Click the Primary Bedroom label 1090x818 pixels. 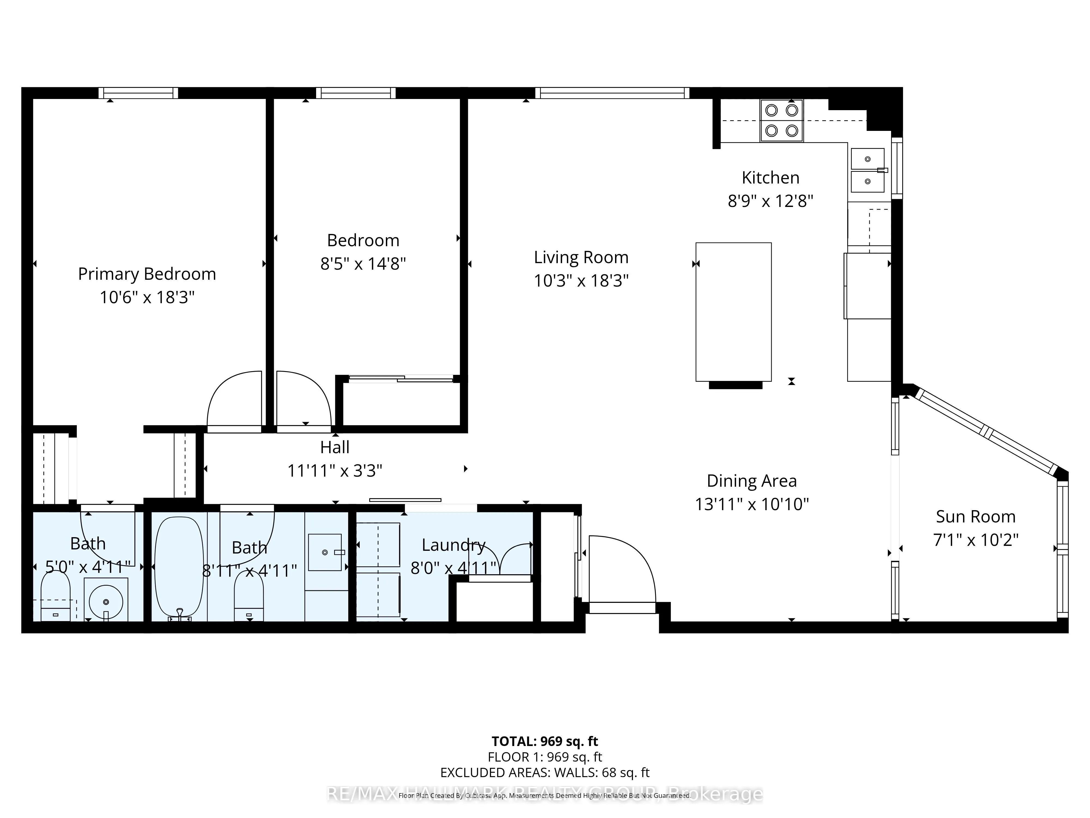tap(147, 274)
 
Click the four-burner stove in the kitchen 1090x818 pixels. tap(782, 120)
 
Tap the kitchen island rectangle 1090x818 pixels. tap(733, 312)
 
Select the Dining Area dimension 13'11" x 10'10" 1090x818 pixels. tap(752, 504)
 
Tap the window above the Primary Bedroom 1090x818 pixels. tap(138, 93)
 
